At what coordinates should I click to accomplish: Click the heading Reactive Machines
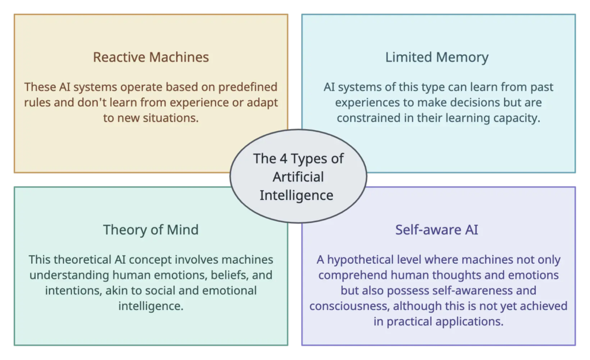(150, 58)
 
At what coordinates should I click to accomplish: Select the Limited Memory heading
(437, 58)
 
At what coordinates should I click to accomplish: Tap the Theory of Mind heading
(150, 230)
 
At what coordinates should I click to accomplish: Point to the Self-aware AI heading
(437, 230)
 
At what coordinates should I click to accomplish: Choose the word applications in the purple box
(468, 321)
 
